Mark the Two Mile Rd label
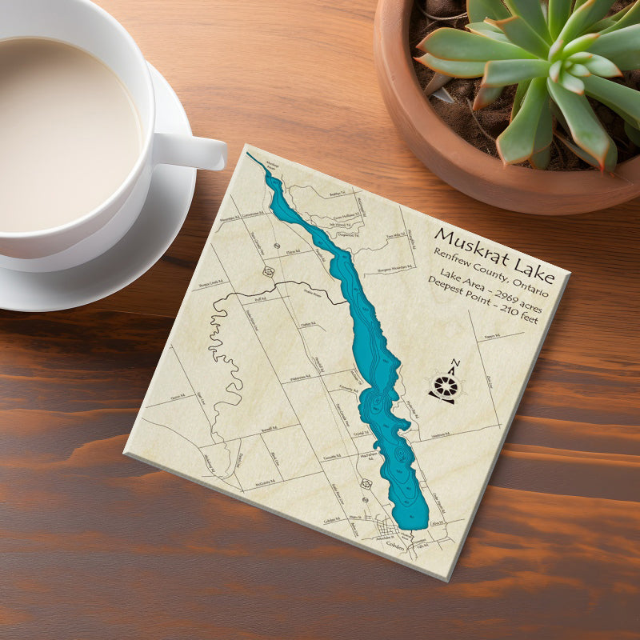point(394,236)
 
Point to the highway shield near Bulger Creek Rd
point(269,271)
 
